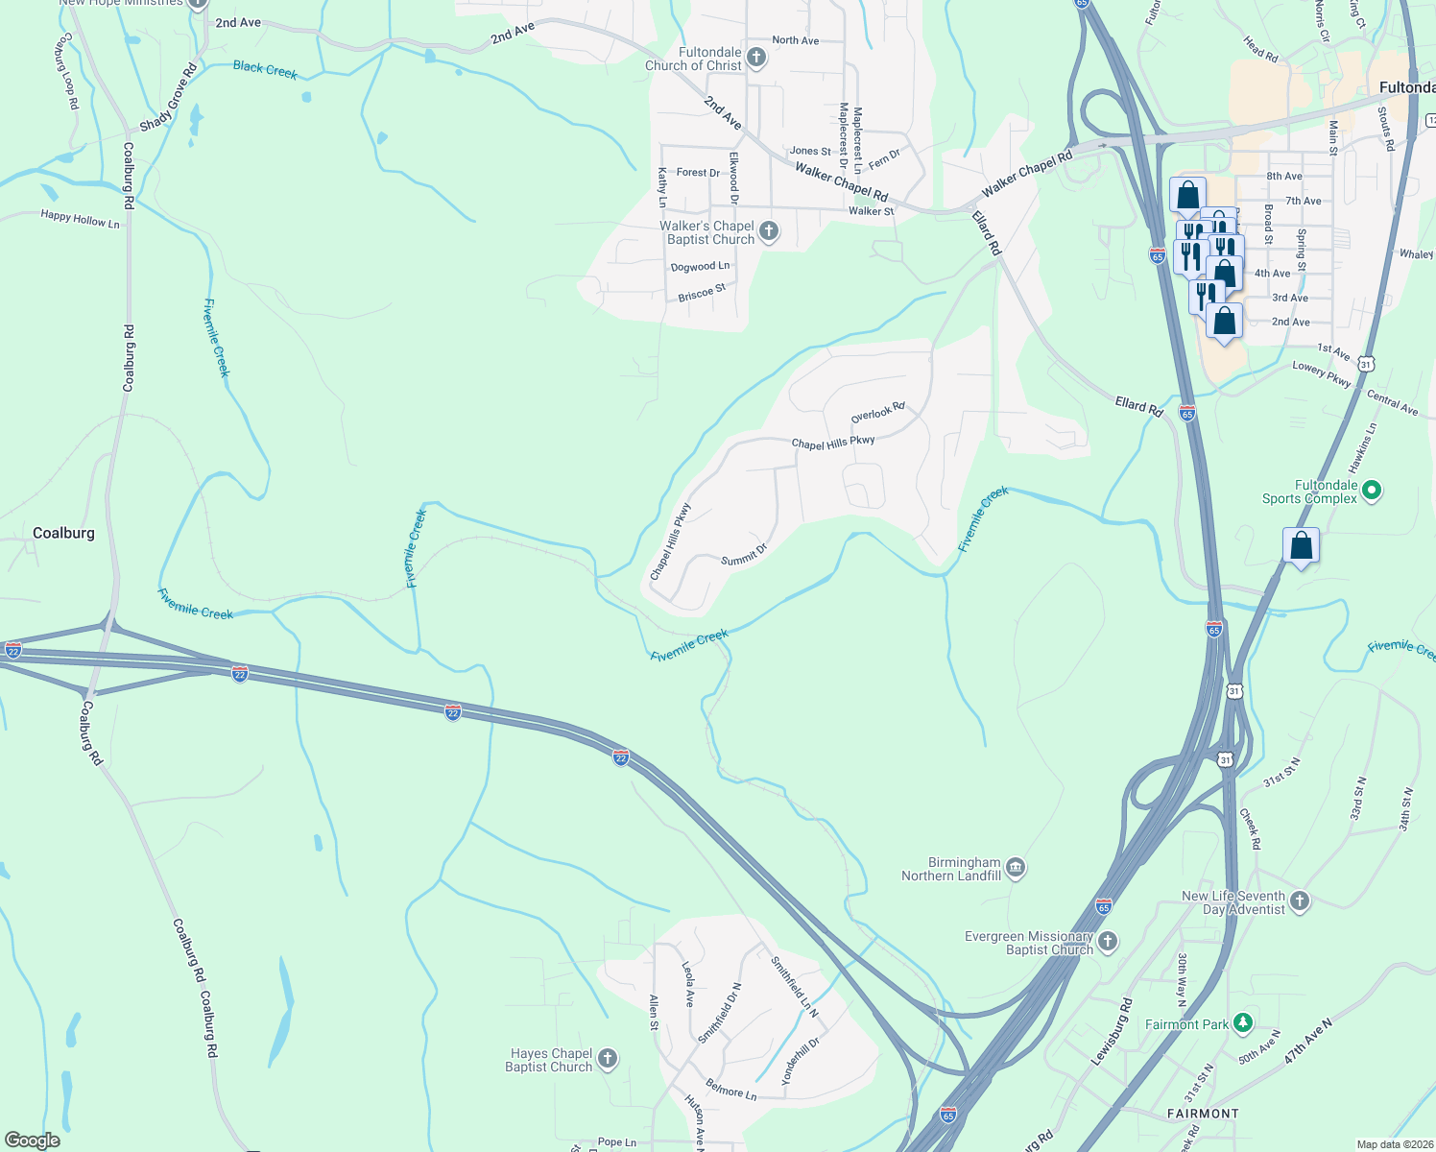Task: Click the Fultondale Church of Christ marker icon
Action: click(756, 58)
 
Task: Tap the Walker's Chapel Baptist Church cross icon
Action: click(768, 231)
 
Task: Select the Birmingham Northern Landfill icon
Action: click(1016, 869)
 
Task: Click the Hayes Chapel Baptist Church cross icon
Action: click(607, 1059)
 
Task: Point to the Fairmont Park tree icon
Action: click(1243, 1023)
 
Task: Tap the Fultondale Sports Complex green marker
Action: click(1372, 491)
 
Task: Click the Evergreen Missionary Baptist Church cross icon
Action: click(1108, 942)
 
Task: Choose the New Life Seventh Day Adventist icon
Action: click(1300, 900)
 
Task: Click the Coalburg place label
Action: click(63, 533)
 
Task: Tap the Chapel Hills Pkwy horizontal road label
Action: click(832, 443)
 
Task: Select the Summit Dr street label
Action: click(744, 554)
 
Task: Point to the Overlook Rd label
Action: click(877, 413)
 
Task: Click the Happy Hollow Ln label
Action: click(81, 220)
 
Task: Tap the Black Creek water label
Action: click(265, 69)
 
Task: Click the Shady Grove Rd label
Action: click(169, 99)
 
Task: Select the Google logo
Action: click(33, 1140)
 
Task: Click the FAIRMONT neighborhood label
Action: click(1203, 1114)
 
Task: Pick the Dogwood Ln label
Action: click(700, 267)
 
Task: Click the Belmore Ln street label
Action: click(731, 1092)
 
